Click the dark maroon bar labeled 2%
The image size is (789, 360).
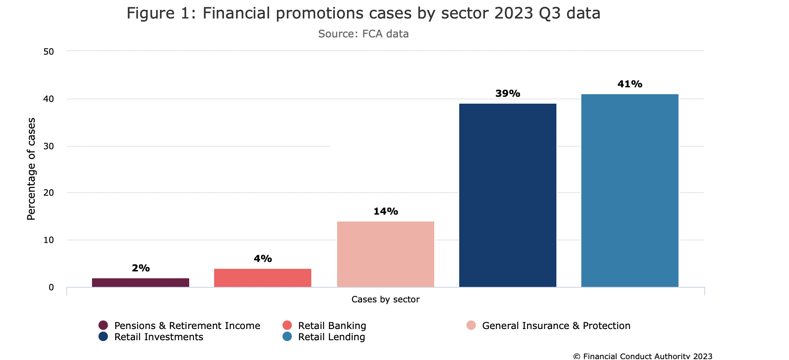tap(141, 283)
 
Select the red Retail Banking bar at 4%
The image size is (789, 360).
tap(263, 278)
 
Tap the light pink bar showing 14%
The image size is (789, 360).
tap(386, 254)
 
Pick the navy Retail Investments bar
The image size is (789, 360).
tap(508, 195)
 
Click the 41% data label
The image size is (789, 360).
tap(630, 84)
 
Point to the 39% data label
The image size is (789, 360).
tap(508, 94)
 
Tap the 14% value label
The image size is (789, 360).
tap(386, 212)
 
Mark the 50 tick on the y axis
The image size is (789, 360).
tap(49, 52)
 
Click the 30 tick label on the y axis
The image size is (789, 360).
tap(49, 146)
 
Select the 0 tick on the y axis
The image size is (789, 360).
tap(51, 287)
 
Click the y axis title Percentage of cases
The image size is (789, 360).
tap(31, 169)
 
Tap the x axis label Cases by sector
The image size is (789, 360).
tap(385, 299)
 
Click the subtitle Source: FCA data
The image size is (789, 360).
tap(363, 34)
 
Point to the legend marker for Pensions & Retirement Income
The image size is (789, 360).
tap(103, 326)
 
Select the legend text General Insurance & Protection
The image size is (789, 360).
tap(556, 326)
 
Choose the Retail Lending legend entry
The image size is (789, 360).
tap(331, 337)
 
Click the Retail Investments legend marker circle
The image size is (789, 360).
tap(103, 337)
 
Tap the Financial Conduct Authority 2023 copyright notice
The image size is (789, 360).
tap(643, 356)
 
